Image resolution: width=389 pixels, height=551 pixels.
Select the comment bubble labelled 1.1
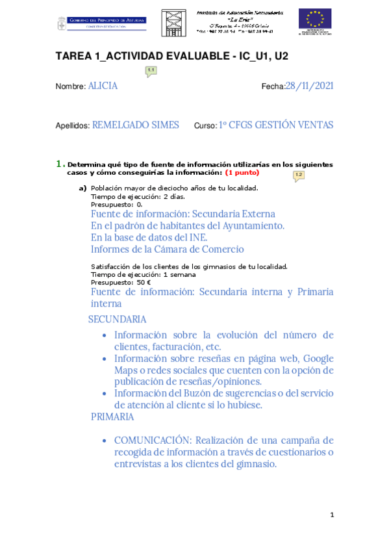(151, 71)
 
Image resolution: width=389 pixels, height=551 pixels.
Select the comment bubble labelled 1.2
(299, 175)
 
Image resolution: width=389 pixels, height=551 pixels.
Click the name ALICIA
(103, 86)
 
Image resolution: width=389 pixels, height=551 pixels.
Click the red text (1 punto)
(242, 173)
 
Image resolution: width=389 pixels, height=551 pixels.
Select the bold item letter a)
(82, 188)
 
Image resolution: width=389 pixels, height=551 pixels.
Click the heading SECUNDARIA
(117, 320)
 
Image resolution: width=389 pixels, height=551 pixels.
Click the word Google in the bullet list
(318, 358)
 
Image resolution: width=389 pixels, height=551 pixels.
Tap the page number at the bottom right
(332, 515)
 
